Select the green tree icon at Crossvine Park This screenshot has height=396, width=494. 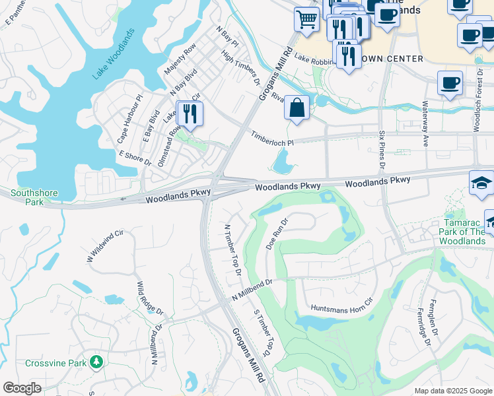96,362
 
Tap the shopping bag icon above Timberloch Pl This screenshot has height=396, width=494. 297,108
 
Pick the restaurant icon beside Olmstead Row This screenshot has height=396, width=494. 190,114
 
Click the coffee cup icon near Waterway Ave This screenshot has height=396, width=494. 450,83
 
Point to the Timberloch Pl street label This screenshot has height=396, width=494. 271,138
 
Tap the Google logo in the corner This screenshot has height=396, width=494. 22,388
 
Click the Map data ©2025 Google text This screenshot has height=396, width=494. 452,391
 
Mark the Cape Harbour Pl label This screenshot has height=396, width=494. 129,119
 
